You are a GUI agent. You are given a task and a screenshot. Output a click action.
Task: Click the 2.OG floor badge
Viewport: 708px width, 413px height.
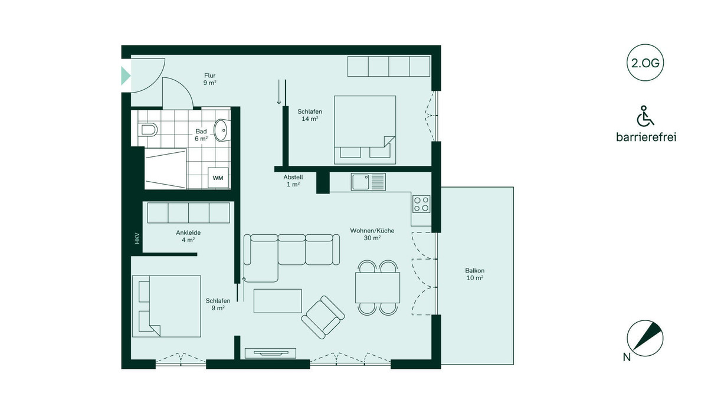click(x=645, y=63)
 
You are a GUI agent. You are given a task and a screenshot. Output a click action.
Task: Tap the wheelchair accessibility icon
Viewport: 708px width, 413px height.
click(x=645, y=116)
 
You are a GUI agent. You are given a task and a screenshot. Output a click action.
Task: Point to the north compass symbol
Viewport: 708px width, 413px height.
click(x=645, y=338)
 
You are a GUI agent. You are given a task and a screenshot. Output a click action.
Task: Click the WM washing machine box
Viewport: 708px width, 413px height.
click(x=218, y=178)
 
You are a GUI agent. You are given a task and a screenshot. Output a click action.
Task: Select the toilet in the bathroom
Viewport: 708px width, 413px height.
click(x=147, y=129)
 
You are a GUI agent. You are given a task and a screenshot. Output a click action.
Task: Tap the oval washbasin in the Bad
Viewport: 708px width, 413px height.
click(x=222, y=130)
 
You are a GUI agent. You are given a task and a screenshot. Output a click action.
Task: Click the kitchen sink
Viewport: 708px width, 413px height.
click(x=368, y=182)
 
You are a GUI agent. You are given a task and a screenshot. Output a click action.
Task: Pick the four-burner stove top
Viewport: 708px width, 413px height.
click(x=421, y=204)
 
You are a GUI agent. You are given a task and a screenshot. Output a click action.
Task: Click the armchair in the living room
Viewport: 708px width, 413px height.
click(x=323, y=317)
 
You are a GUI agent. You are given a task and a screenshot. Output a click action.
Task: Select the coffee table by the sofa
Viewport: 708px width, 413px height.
click(x=277, y=301)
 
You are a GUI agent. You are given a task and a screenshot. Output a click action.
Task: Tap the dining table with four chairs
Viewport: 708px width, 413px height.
click(x=378, y=287)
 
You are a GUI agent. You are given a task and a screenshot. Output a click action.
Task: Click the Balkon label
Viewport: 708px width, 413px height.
click(x=475, y=270)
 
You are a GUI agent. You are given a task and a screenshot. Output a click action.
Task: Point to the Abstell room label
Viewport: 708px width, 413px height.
click(x=293, y=177)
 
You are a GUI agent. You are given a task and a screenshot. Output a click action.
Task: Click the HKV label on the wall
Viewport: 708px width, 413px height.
click(x=137, y=238)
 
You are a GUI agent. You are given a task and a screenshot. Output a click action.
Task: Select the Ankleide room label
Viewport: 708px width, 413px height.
click(x=188, y=232)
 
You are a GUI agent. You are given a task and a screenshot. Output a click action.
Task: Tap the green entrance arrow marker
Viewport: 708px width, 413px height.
click(x=126, y=76)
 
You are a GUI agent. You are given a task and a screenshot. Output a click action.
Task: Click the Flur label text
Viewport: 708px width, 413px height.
click(x=210, y=76)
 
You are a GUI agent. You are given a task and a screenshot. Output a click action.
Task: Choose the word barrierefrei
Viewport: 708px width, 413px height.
click(x=646, y=137)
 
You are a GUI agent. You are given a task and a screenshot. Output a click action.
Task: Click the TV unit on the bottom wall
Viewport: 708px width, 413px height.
click(x=271, y=353)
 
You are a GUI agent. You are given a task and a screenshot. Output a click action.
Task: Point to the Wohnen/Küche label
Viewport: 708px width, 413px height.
click(x=372, y=231)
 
